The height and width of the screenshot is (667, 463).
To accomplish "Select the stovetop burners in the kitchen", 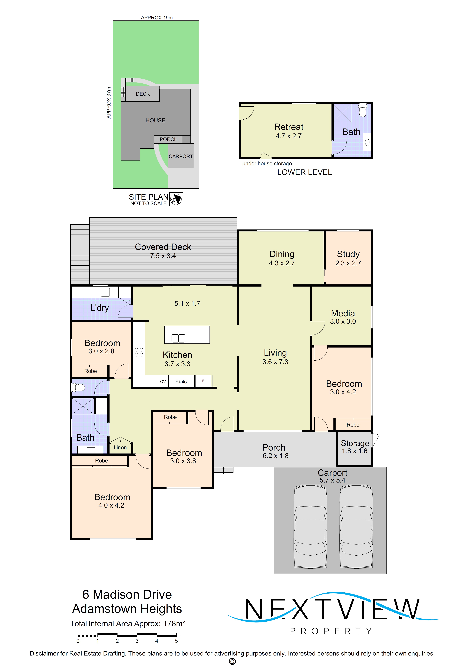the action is point(139,352).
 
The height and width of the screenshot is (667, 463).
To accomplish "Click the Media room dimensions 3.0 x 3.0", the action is point(343,321).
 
